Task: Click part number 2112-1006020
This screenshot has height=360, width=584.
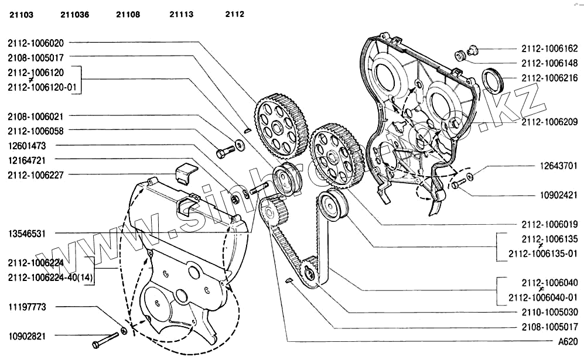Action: tap(36, 43)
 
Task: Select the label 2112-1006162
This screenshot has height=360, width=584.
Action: tap(549, 49)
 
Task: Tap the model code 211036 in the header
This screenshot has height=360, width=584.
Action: tap(74, 15)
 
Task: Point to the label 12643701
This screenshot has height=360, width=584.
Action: tap(559, 166)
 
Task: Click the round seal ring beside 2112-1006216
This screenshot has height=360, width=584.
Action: tap(491, 80)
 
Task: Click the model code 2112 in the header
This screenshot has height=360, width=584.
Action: tap(234, 15)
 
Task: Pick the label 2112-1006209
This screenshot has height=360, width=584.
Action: tap(549, 122)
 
